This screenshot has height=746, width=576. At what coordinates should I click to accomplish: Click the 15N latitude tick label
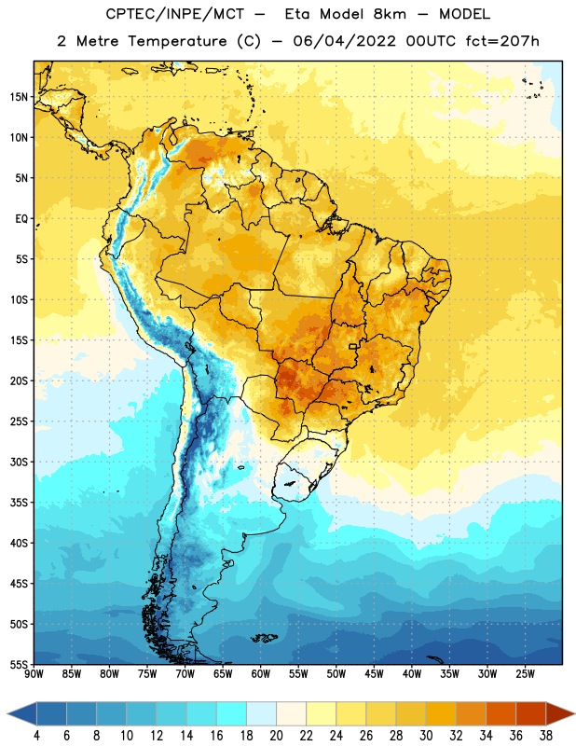pyautogui.click(x=19, y=97)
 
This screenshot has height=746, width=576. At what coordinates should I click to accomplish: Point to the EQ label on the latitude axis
pyautogui.click(x=21, y=219)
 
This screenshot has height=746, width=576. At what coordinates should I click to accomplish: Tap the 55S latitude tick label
pyautogui.click(x=19, y=665)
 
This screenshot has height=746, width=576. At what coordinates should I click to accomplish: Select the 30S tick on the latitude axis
pyautogui.click(x=19, y=462)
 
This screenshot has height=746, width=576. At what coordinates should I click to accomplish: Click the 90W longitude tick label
pyautogui.click(x=34, y=674)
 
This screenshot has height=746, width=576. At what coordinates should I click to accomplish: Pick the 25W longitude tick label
pyautogui.click(x=525, y=674)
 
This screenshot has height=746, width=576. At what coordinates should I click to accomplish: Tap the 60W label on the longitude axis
pyautogui.click(x=261, y=674)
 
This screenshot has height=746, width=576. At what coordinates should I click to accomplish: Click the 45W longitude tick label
pyautogui.click(x=374, y=674)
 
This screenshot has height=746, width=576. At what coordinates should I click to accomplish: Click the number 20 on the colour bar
pyautogui.click(x=276, y=736)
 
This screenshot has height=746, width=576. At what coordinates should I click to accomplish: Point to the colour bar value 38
pyautogui.click(x=545, y=736)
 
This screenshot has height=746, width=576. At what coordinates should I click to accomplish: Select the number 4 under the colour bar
pyautogui.click(x=36, y=736)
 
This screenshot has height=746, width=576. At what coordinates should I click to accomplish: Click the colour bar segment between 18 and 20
pyautogui.click(x=261, y=713)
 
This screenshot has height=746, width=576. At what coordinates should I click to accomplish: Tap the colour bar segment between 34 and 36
pyautogui.click(x=501, y=713)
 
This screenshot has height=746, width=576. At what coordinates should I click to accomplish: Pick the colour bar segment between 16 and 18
pyautogui.click(x=231, y=713)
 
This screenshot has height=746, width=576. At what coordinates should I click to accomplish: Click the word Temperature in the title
pyautogui.click(x=177, y=41)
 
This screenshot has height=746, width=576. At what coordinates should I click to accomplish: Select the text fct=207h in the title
pyautogui.click(x=502, y=41)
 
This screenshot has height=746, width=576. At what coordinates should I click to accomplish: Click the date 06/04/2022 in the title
pyautogui.click(x=344, y=41)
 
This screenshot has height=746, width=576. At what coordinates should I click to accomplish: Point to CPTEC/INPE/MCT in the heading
pyautogui.click(x=174, y=14)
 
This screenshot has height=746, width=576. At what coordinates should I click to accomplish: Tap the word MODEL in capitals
pyautogui.click(x=464, y=14)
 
